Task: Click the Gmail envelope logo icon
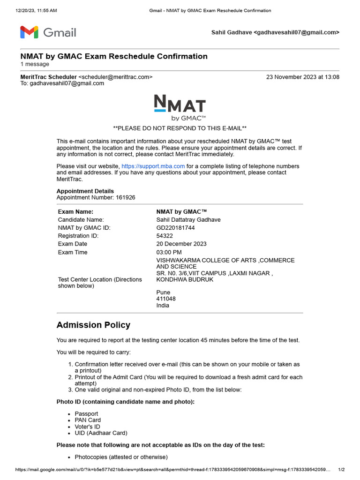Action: [29, 32]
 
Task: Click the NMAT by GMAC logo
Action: [180, 108]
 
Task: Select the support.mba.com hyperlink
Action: [153, 166]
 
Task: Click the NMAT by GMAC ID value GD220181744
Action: [175, 228]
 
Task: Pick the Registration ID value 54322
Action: [164, 236]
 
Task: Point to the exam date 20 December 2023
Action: [181, 244]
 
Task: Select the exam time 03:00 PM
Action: [169, 252]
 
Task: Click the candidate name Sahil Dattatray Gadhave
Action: [188, 219]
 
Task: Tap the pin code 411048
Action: [166, 299]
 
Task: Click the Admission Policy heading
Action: [93, 325]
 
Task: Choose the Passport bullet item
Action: [86, 414]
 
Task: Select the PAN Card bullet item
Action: [88, 420]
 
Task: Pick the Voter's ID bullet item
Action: [87, 427]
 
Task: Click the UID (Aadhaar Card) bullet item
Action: [101, 433]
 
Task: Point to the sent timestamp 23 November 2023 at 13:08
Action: [302, 77]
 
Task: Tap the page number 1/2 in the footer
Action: [341, 470]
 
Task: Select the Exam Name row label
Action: [75, 211]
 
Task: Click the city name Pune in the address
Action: [163, 292]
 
